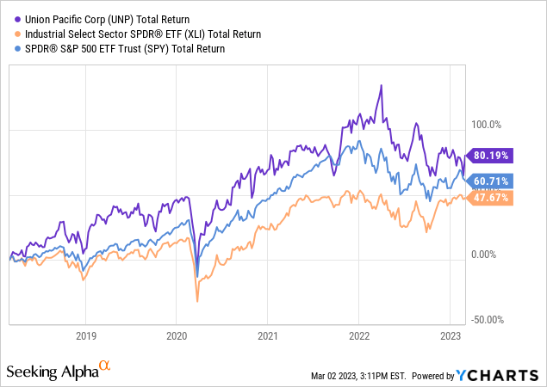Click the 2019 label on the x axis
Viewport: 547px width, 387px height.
84,335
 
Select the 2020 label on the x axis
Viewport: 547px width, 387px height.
176,335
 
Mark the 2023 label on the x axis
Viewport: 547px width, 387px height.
451,335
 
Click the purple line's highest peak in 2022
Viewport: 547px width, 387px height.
380,85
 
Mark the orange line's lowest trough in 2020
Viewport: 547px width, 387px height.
197,301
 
